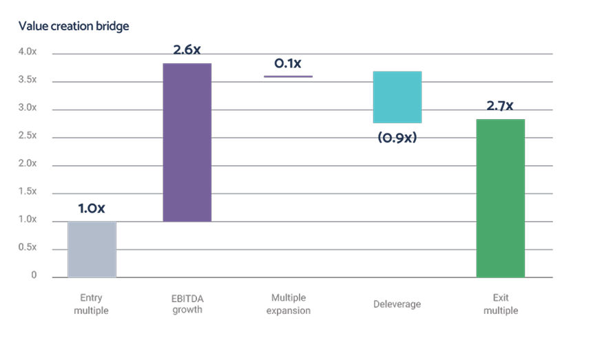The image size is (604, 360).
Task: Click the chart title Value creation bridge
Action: click(x=74, y=26)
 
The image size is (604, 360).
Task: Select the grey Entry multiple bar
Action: click(x=92, y=248)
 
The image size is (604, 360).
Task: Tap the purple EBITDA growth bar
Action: click(x=187, y=142)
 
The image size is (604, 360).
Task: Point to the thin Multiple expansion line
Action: click(x=288, y=76)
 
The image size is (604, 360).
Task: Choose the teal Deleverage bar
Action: click(x=397, y=97)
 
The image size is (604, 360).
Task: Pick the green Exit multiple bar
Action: click(x=500, y=198)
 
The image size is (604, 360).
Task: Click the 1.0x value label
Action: click(x=92, y=209)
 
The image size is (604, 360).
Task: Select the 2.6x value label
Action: click(x=187, y=50)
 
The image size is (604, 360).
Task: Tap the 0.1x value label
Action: click(x=288, y=63)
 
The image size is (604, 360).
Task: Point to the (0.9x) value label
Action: click(x=397, y=137)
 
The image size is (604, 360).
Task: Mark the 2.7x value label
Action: click(x=500, y=106)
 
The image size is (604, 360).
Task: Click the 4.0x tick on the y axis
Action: click(x=28, y=53)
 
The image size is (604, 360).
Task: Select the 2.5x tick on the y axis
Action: click(x=28, y=137)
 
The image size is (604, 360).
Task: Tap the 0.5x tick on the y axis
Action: click(x=28, y=248)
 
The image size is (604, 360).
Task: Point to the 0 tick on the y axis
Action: click(x=33, y=276)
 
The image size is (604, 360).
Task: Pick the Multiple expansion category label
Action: click(x=288, y=304)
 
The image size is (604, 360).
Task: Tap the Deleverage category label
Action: click(x=397, y=304)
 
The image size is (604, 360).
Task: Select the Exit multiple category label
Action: click(x=501, y=304)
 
